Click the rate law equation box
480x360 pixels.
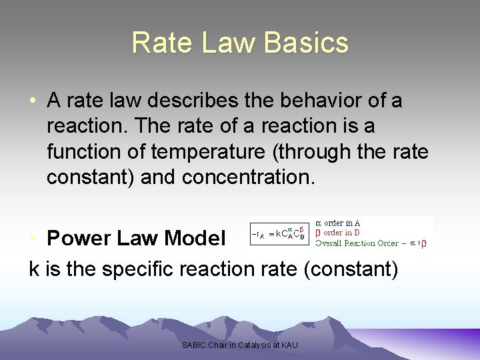pyautogui.click(x=279, y=233)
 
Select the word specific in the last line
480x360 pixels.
pyautogui.click(x=141, y=269)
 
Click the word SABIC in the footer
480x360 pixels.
pyautogui.click(x=193, y=345)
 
